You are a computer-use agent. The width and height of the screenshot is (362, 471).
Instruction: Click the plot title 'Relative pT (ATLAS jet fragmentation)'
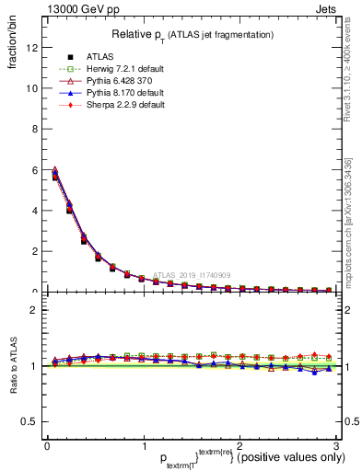(193, 34)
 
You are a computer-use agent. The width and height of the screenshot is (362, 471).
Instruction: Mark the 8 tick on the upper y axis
(34, 129)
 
